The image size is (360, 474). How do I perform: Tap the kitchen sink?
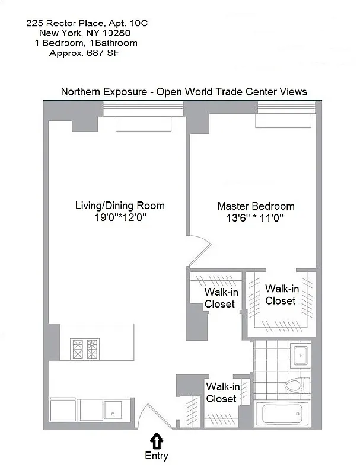[113, 409]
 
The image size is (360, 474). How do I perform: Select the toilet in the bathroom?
[296, 386]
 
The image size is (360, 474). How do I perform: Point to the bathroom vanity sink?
[300, 355]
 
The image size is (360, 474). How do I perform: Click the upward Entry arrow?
[156, 440]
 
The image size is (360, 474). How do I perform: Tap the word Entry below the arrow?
[157, 456]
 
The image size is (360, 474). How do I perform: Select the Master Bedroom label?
[256, 206]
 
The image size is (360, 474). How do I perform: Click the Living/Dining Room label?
[119, 206]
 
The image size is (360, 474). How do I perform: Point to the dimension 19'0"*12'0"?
[119, 217]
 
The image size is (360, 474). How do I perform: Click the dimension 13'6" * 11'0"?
[256, 218]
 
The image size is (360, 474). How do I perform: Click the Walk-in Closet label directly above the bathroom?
[280, 294]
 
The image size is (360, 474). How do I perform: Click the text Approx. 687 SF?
[87, 53]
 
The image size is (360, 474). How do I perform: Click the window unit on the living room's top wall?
[143, 123]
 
